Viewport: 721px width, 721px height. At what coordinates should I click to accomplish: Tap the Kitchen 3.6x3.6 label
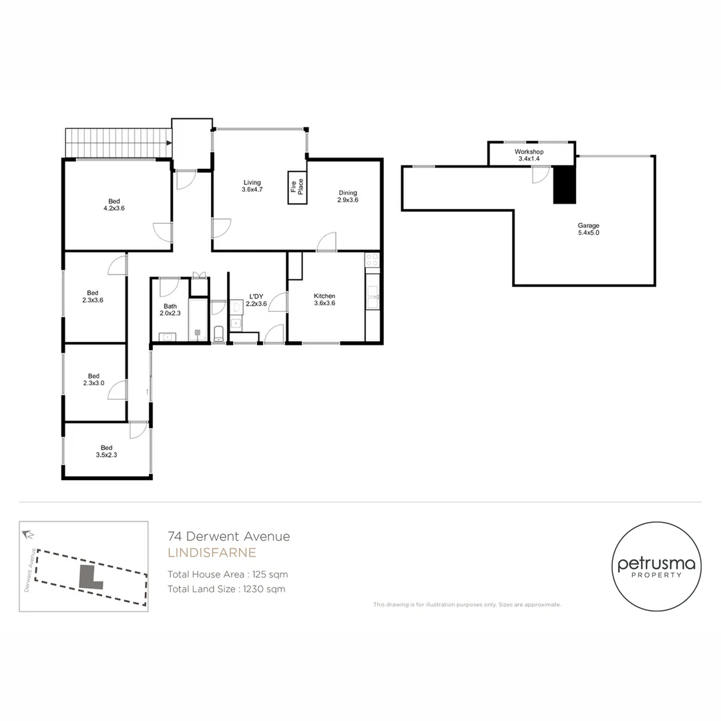pyautogui.click(x=324, y=300)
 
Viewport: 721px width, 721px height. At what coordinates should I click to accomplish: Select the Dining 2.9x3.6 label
pyautogui.click(x=347, y=196)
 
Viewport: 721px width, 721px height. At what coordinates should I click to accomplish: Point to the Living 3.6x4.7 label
pyautogui.click(x=252, y=186)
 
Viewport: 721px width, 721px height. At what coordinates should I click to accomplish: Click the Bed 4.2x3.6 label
pyautogui.click(x=115, y=204)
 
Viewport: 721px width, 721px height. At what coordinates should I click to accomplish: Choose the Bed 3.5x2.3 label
pyautogui.click(x=107, y=451)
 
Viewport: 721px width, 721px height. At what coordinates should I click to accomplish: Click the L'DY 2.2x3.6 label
pyautogui.click(x=256, y=300)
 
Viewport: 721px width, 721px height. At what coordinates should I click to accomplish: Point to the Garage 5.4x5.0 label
pyautogui.click(x=589, y=230)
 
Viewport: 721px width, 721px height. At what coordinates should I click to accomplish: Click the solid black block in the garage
pyautogui.click(x=564, y=184)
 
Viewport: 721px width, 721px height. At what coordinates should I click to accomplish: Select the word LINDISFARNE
pyautogui.click(x=212, y=553)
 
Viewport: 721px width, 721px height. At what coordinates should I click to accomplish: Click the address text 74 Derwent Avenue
pyautogui.click(x=229, y=536)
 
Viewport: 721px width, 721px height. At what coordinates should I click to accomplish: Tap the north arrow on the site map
pyautogui.click(x=28, y=534)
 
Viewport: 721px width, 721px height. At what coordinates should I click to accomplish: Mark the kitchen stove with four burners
pyautogui.click(x=372, y=260)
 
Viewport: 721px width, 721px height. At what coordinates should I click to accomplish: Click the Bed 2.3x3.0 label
pyautogui.click(x=94, y=379)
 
